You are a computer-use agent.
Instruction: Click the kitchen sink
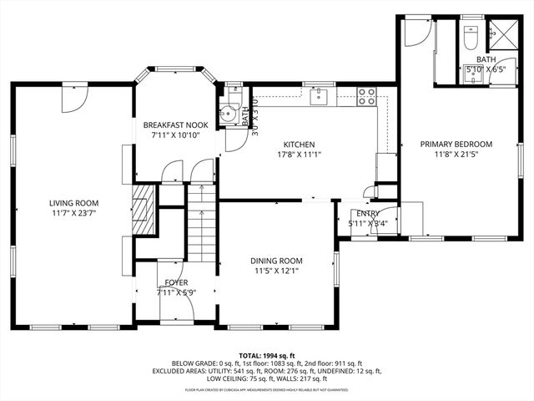click(x=319, y=97)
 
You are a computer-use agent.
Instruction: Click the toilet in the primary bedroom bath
click(x=469, y=39)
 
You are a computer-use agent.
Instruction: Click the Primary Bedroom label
click(x=456, y=145)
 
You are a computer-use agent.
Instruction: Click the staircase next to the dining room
click(x=200, y=224)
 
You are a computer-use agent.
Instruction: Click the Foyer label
click(x=176, y=282)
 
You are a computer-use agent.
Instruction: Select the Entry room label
click(x=367, y=214)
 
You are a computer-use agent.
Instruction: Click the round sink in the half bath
click(x=225, y=115)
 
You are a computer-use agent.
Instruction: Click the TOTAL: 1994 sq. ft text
click(x=267, y=356)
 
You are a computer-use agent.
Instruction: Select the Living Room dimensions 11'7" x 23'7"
click(x=73, y=214)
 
